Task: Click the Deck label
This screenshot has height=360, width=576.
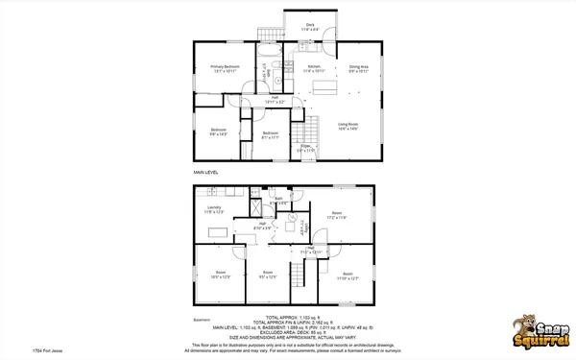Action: (310, 27)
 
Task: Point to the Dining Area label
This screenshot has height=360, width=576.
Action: (359, 68)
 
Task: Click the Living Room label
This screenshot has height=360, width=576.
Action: (348, 126)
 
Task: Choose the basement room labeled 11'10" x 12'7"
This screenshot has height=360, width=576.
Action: (348, 276)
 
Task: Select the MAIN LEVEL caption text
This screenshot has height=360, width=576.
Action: (206, 172)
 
